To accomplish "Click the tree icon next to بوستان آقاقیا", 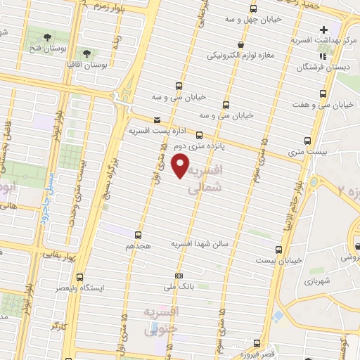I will [x=87, y=53].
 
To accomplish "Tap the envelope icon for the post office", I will [x=156, y=120].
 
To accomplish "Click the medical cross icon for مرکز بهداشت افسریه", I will [x=323, y=30].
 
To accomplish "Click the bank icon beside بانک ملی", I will [x=179, y=276].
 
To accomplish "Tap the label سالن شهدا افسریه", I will [x=205, y=243].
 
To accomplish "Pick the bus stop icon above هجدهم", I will [x=138, y=235].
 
